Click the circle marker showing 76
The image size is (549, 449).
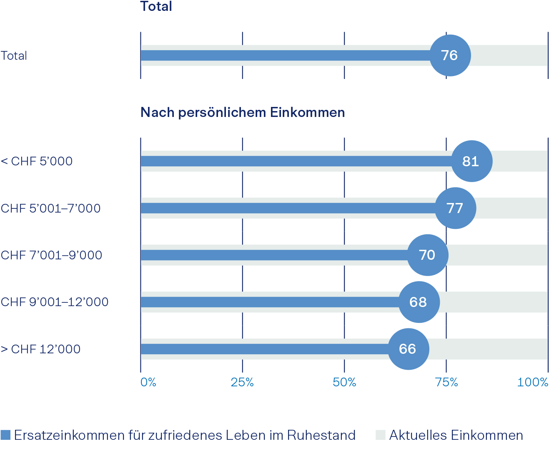(450, 56)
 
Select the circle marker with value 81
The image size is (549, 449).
(471, 161)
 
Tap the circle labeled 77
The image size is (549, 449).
(455, 208)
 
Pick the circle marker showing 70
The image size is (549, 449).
(427, 255)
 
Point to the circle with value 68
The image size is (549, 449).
(419, 302)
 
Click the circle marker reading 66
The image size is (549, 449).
(408, 349)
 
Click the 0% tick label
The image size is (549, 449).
(148, 382)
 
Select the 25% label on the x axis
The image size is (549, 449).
(242, 382)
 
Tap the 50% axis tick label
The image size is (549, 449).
(344, 382)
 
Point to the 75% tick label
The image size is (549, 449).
(446, 382)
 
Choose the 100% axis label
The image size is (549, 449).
(533, 382)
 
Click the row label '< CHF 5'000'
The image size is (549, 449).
(37, 161)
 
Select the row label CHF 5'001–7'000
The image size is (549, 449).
(50, 208)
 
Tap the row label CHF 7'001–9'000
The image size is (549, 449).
(51, 255)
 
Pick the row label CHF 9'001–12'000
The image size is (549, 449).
(55, 302)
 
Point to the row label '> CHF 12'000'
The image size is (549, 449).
(40, 349)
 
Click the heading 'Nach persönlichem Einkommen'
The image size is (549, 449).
(243, 112)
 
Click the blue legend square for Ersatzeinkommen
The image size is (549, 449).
(5, 435)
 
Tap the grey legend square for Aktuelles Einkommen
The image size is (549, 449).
(381, 435)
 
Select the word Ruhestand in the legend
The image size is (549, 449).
(321, 435)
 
